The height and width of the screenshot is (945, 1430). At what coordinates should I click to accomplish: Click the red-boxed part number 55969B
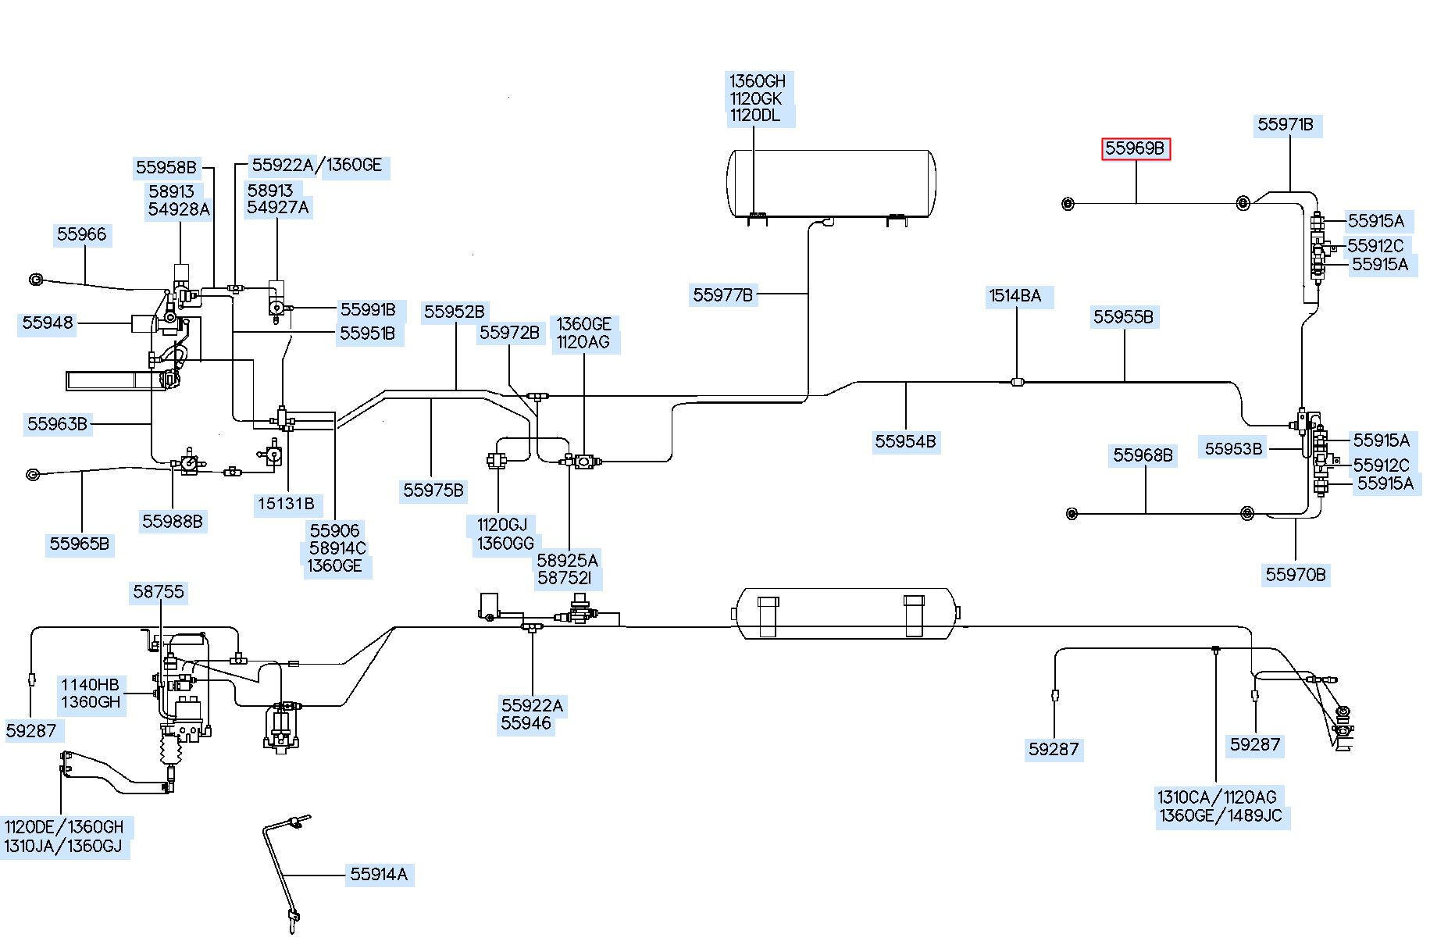tap(1136, 148)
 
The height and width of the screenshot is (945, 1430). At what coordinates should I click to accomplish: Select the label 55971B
tap(1286, 125)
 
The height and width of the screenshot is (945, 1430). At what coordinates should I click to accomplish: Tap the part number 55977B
tap(723, 295)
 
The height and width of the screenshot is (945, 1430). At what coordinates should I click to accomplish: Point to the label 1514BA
tap(1015, 296)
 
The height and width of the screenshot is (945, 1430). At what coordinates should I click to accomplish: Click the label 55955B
tap(1123, 317)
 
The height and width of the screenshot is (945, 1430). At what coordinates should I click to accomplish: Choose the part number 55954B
tap(905, 442)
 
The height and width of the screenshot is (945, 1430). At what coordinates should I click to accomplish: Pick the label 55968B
tap(1143, 455)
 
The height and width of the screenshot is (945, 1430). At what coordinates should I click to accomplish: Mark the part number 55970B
tap(1296, 576)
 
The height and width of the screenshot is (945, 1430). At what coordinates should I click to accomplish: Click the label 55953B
tap(1234, 449)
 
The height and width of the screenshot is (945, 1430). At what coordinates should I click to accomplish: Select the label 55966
tap(81, 235)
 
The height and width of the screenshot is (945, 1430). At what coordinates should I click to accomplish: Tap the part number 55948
tap(48, 323)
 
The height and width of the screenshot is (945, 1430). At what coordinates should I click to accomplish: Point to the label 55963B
tap(57, 424)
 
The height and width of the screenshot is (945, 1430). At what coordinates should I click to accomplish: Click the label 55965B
tap(79, 544)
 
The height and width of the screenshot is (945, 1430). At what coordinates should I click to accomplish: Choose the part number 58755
tap(159, 592)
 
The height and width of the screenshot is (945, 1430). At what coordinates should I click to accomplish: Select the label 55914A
tap(379, 875)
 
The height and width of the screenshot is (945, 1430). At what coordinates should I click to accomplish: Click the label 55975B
tap(433, 491)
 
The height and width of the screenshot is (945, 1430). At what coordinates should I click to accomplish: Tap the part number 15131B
tap(286, 504)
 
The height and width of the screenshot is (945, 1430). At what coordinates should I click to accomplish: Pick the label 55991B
tap(368, 310)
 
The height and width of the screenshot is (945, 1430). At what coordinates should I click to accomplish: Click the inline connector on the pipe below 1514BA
tap(1017, 382)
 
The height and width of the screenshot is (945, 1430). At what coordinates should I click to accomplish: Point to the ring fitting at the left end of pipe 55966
tap(35, 280)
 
